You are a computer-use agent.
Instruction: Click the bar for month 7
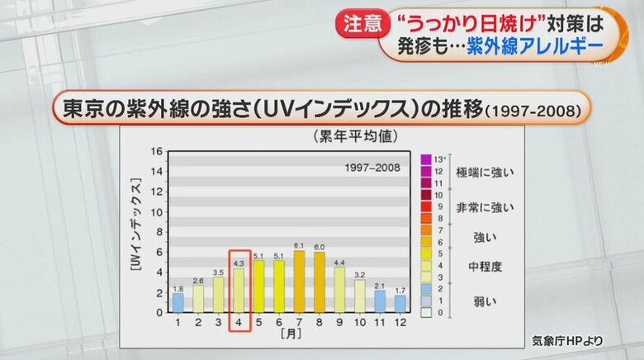tap(299, 282)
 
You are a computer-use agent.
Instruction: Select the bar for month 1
tap(178, 302)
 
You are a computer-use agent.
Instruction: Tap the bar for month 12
tap(400, 303)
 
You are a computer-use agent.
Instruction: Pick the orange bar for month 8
tap(319, 282)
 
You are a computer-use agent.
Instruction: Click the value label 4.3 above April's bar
tap(239, 263)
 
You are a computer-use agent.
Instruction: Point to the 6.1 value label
tap(299, 245)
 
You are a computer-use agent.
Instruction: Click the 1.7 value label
tap(400, 290)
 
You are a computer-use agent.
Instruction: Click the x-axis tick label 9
tap(339, 323)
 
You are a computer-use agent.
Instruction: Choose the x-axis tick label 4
tap(239, 323)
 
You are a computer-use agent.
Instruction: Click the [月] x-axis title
tap(289, 335)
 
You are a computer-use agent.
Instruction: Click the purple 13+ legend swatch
tap(426, 158)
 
